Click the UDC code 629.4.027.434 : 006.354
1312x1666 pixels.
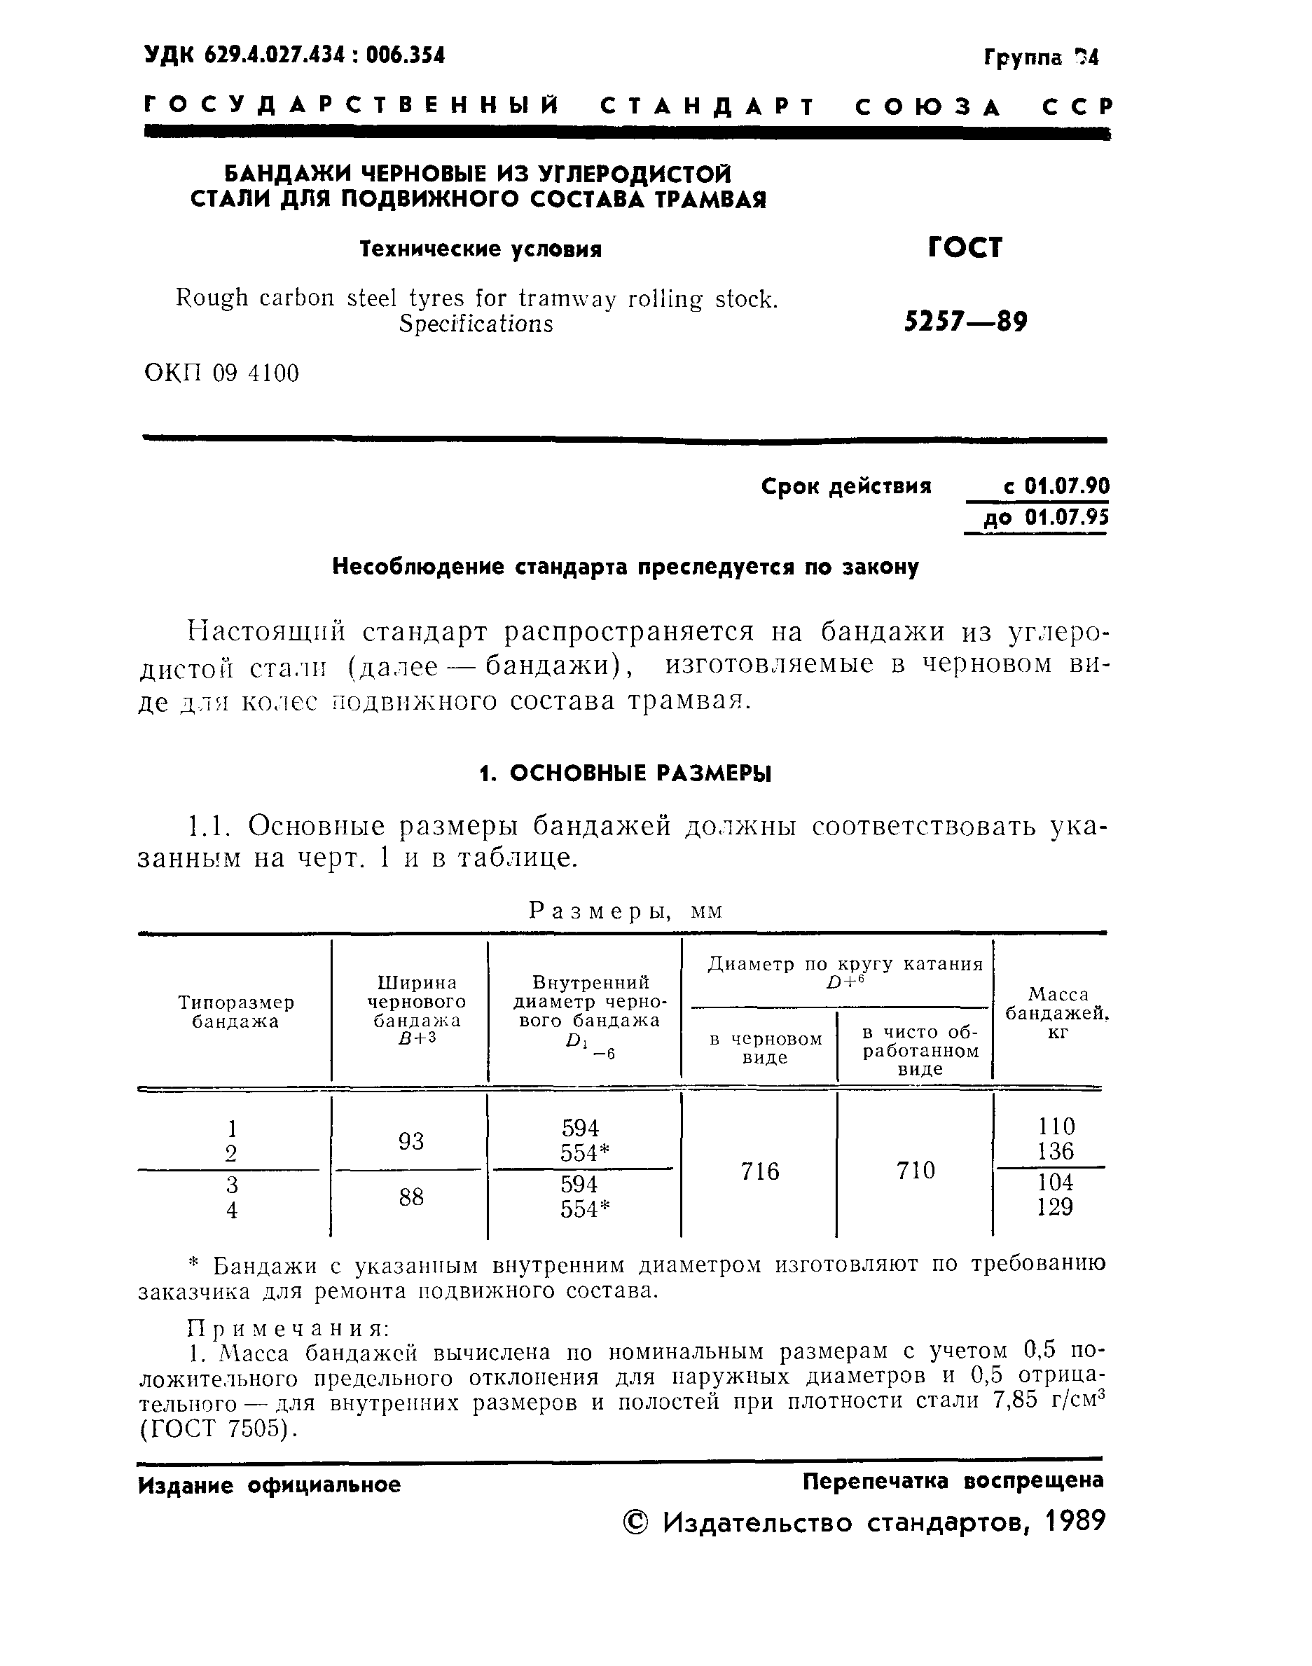point(294,55)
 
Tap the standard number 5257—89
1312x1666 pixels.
point(965,321)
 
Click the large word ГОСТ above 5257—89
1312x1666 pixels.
point(965,247)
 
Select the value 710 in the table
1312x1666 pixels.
point(915,1171)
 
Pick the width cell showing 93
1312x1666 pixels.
point(411,1141)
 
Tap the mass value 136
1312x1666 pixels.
point(1056,1151)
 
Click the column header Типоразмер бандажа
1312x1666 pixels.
point(235,1012)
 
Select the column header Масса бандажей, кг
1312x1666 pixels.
point(1057,1013)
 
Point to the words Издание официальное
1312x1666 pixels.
point(269,1485)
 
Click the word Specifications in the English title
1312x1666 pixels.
point(476,324)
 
